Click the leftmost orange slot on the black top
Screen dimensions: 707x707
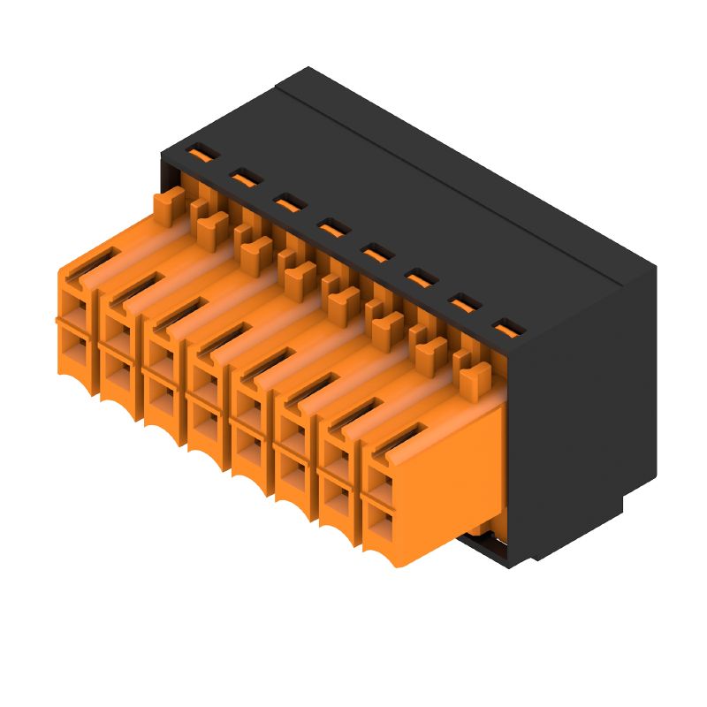pos(201,154)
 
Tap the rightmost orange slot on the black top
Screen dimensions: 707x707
pos(505,329)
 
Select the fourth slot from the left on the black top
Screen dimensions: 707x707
pos(331,228)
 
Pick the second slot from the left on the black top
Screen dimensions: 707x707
pos(244,179)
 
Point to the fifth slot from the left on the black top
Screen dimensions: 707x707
pos(375,254)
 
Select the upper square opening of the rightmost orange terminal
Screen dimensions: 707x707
pos(381,483)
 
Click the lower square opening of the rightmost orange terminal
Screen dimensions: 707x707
pos(382,527)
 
